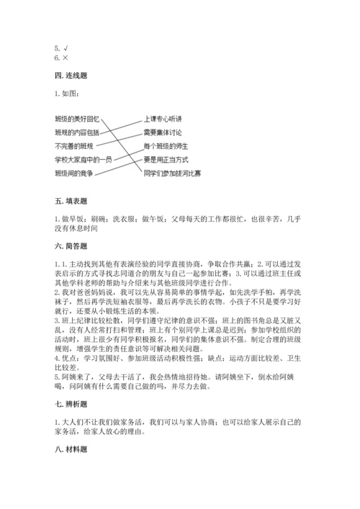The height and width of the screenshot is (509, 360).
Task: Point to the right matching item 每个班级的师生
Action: pos(164,145)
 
